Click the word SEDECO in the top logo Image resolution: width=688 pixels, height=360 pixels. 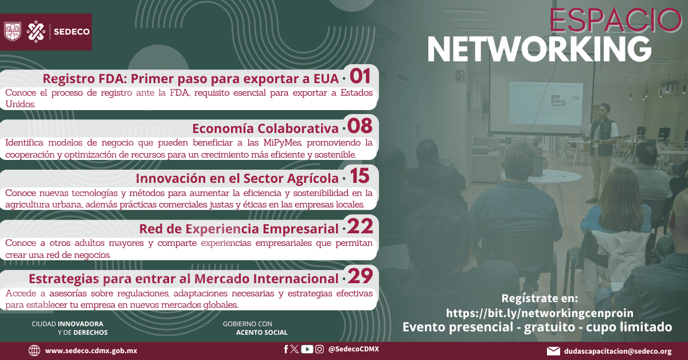[72, 32]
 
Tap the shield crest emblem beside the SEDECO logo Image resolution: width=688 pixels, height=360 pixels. [12, 32]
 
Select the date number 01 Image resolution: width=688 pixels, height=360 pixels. [360, 76]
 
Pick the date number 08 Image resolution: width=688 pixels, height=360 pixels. [359, 126]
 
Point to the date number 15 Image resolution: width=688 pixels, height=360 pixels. [359, 176]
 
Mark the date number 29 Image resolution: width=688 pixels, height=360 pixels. [360, 276]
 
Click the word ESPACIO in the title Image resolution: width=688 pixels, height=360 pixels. [615, 19]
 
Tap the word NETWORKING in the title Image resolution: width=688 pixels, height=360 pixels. [540, 49]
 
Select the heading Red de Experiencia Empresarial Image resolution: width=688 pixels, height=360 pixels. [239, 229]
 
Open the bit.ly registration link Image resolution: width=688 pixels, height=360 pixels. [540, 313]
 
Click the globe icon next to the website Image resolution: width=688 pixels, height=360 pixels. [34, 350]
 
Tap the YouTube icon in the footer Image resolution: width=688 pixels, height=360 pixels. [307, 349]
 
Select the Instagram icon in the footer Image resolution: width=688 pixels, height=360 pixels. [319, 349]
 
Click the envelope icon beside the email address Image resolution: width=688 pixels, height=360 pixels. [553, 351]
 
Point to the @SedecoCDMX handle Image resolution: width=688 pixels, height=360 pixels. [354, 349]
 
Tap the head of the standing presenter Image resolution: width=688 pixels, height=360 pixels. [604, 110]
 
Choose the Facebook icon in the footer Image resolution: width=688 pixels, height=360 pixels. [286, 349]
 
